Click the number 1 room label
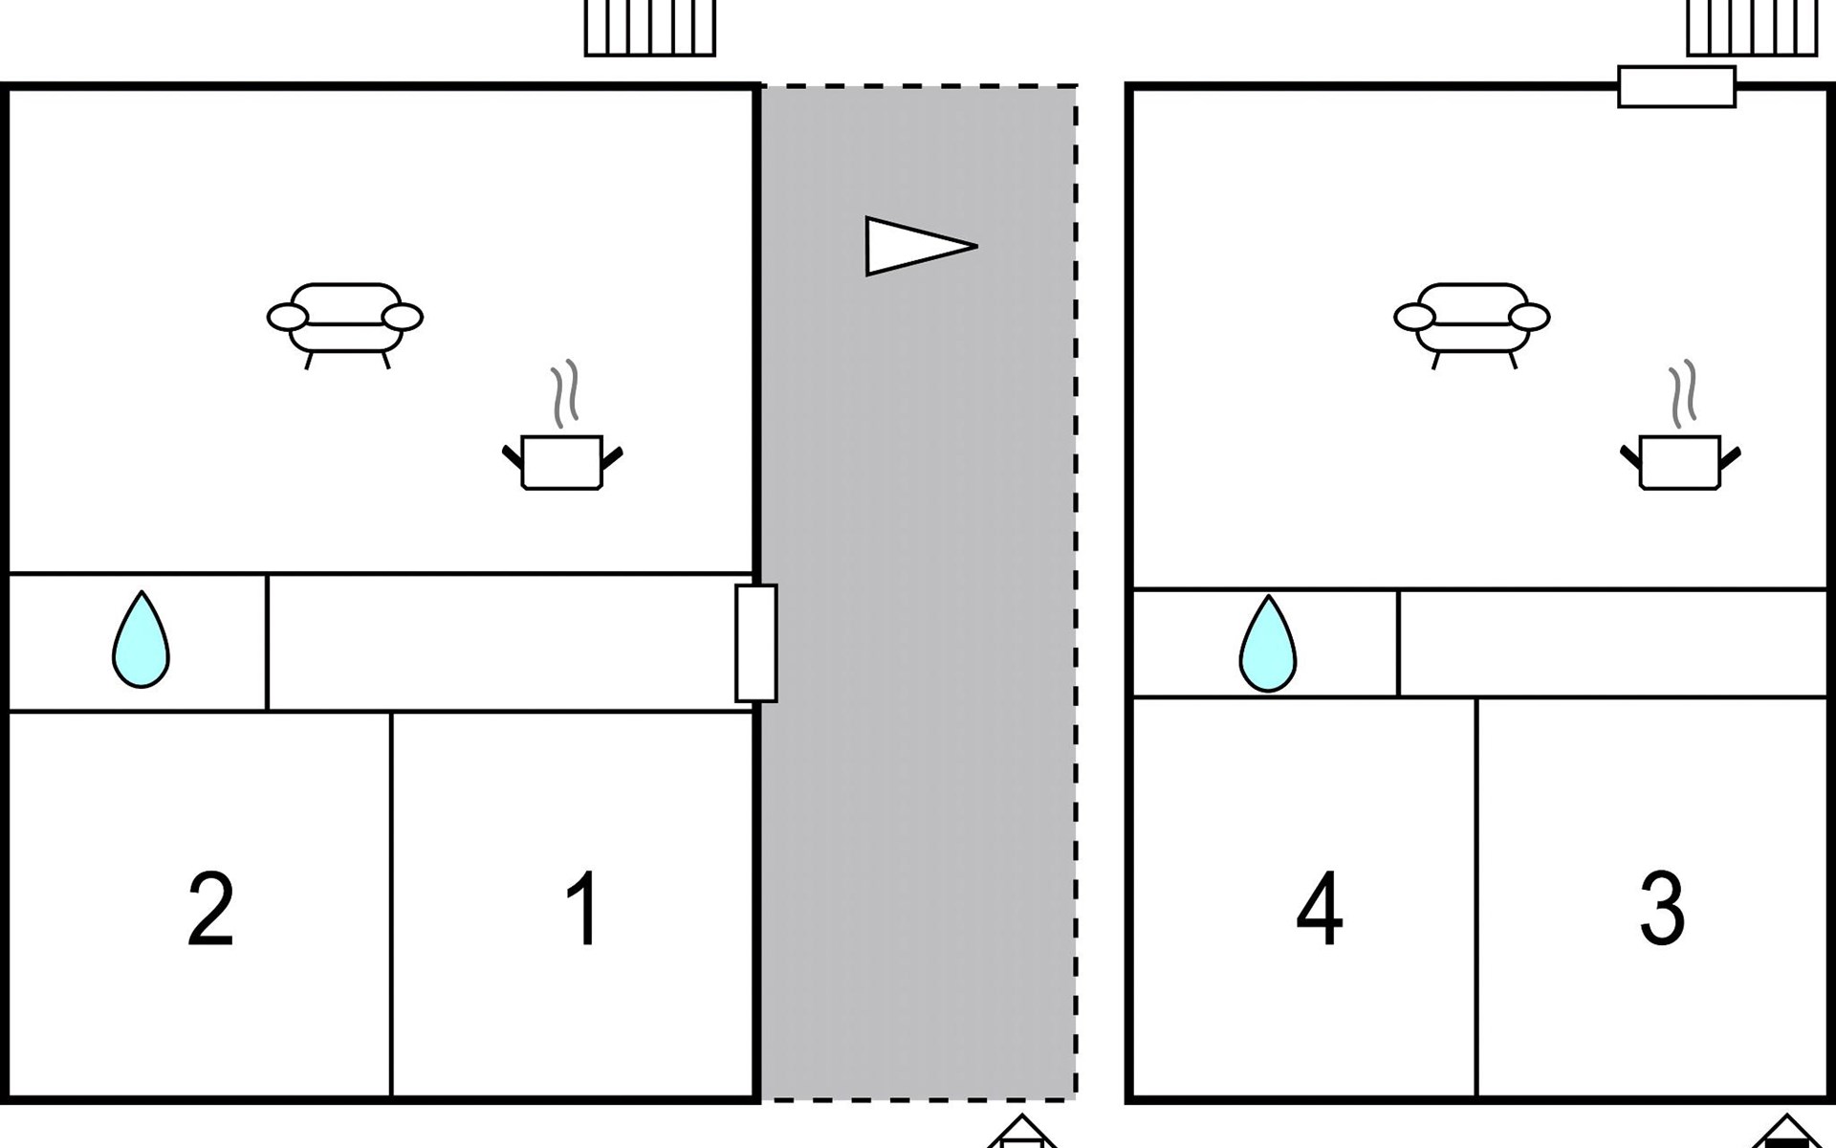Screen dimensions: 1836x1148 click(582, 908)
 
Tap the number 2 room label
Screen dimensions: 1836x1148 click(210, 908)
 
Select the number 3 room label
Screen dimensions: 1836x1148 click(1662, 908)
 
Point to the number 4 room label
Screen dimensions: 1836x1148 click(1320, 908)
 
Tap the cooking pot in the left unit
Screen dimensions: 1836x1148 click(562, 462)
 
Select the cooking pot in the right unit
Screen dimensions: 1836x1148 click(1680, 462)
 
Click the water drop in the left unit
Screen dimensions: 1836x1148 click(142, 639)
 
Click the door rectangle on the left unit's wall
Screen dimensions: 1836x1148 click(755, 643)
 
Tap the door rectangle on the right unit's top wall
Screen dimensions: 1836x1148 click(1676, 86)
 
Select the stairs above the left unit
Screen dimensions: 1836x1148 click(650, 28)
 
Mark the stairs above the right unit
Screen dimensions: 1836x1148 click(1752, 28)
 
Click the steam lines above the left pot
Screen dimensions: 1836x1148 click(565, 392)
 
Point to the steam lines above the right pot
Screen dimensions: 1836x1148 click(1683, 392)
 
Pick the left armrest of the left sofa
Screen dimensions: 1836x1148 click(288, 317)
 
